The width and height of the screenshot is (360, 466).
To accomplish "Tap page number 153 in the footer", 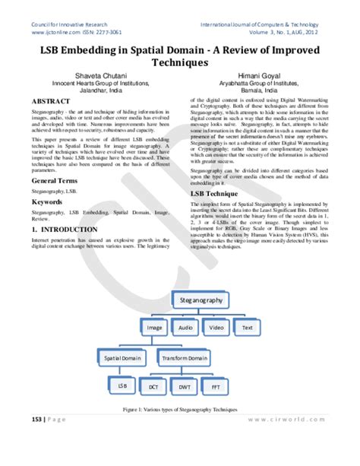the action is pyautogui.click(x=35, y=440).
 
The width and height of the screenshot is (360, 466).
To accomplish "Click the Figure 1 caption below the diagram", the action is pyautogui.click(x=180, y=410).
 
